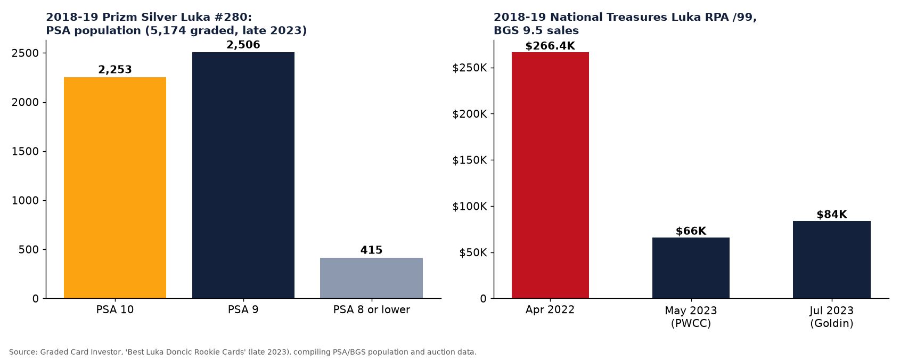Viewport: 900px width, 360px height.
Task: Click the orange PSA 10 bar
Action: [x=115, y=187]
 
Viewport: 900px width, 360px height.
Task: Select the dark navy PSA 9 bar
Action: [x=243, y=175]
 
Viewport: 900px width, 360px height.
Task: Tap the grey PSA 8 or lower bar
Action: [x=371, y=278]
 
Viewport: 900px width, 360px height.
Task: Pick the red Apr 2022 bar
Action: [x=550, y=175]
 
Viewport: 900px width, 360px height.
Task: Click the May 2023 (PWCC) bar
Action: [x=691, y=268]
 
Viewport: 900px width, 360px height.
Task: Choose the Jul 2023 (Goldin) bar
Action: [x=832, y=259]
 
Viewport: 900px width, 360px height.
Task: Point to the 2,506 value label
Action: [x=243, y=45]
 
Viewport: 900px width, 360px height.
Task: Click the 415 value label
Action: [x=371, y=250]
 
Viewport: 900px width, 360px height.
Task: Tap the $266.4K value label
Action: [x=550, y=46]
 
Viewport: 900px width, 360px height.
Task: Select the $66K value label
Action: [x=691, y=231]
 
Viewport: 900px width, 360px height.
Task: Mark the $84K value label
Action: [x=832, y=215]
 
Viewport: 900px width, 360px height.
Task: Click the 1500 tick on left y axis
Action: [x=26, y=151]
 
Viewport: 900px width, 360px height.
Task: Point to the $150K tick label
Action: [x=469, y=160]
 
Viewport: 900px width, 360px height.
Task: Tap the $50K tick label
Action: [x=473, y=253]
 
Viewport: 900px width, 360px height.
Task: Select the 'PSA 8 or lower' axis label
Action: [x=371, y=310]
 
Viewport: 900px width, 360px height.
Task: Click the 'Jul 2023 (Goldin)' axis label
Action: [x=832, y=317]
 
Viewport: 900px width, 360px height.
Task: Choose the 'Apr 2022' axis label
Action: [x=550, y=310]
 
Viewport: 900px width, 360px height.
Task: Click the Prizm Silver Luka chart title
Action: [x=176, y=24]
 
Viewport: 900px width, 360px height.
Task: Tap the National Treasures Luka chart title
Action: [x=625, y=24]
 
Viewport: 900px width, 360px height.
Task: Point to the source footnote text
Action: [x=243, y=352]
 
